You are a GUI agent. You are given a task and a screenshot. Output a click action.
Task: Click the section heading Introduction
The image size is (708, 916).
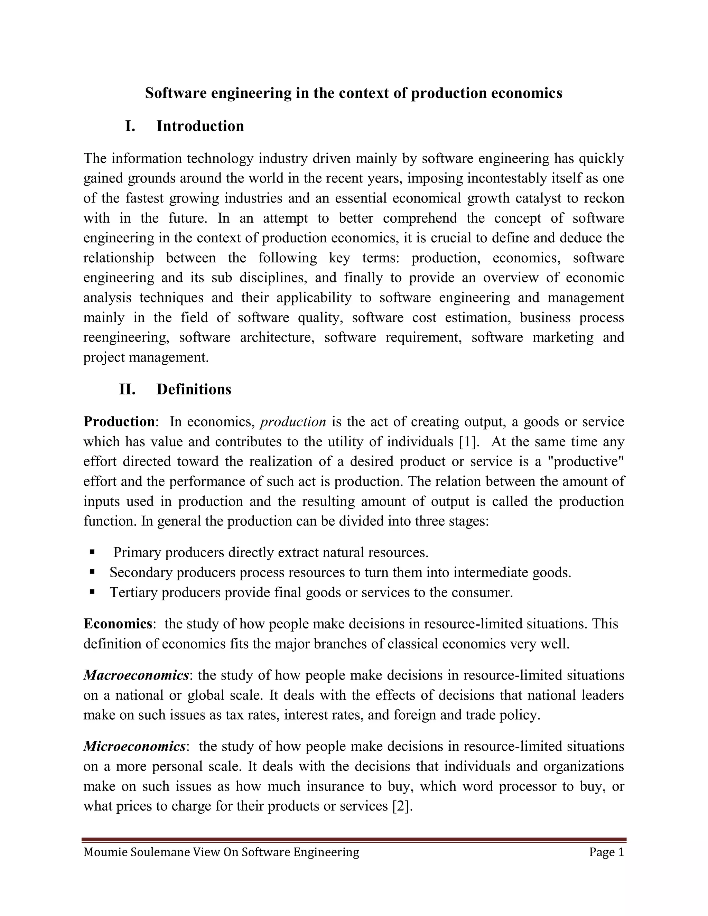pos(200,126)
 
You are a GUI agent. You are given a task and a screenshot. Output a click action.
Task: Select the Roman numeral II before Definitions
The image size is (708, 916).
pos(127,389)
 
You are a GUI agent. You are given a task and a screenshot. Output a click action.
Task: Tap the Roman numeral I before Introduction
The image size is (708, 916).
pos(130,126)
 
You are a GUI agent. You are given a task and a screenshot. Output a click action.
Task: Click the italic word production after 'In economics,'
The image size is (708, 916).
pos(293,421)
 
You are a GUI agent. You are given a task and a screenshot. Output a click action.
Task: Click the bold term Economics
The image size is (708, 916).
pos(118,623)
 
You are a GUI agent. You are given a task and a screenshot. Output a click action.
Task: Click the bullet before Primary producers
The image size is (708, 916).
pos(92,552)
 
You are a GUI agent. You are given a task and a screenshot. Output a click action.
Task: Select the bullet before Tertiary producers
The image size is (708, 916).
pos(92,592)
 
